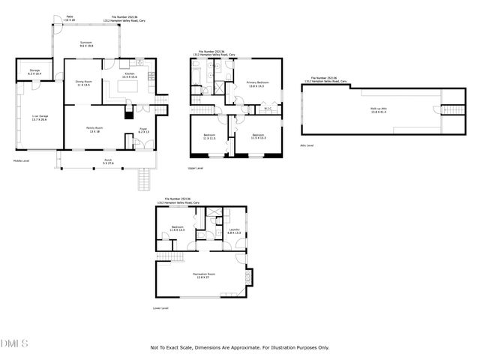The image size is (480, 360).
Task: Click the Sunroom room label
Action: (x=86, y=44)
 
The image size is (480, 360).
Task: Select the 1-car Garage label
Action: (x=39, y=118)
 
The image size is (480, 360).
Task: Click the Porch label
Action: (x=97, y=163)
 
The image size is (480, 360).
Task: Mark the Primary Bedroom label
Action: (x=257, y=83)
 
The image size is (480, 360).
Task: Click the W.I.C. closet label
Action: (x=268, y=108)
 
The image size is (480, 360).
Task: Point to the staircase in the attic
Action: (x=451, y=109)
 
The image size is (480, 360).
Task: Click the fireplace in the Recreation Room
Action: (x=250, y=278)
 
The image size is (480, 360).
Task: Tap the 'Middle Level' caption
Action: (x=22, y=160)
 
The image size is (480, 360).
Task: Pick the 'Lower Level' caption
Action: (x=160, y=307)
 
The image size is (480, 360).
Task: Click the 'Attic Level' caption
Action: (x=307, y=145)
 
